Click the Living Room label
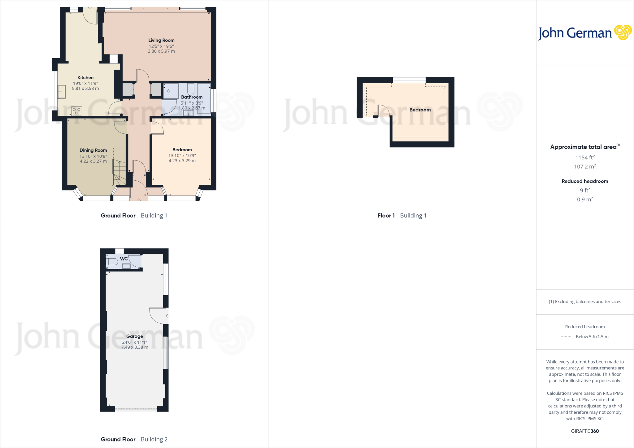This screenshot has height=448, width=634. (x=161, y=40)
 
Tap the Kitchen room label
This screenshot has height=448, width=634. (x=85, y=78)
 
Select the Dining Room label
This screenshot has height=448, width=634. (x=93, y=150)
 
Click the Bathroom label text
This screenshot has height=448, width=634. (x=192, y=97)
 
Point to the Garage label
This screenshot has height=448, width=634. (x=135, y=336)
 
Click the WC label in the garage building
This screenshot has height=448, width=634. (x=124, y=259)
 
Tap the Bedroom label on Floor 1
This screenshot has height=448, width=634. (x=420, y=110)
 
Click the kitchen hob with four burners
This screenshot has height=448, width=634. (x=76, y=111)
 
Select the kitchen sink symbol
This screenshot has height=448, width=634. (x=62, y=92)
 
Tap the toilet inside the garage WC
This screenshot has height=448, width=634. (x=112, y=262)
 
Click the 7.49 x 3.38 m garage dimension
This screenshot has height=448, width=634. (x=135, y=347)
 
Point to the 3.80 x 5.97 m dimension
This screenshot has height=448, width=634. (x=161, y=51)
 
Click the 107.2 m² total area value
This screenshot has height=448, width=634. (x=585, y=167)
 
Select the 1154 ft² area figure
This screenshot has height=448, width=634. (x=585, y=157)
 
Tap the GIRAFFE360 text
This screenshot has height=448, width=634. (x=585, y=431)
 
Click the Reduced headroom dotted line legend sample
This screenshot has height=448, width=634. (x=567, y=337)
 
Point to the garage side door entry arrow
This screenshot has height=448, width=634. (x=168, y=316)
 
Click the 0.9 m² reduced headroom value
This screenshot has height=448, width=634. (x=585, y=200)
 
